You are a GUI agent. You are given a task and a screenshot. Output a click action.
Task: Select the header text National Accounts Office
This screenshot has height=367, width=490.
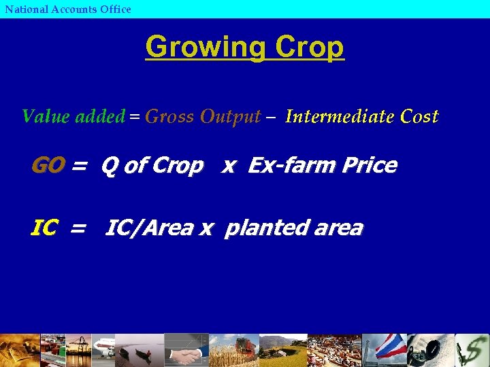tap(68, 9)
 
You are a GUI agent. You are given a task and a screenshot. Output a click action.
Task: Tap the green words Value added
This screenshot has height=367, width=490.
tap(73, 116)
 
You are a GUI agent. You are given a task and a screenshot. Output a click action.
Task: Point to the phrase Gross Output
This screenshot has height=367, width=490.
tap(203, 116)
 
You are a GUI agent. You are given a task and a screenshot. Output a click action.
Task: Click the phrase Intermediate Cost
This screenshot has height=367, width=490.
tap(362, 116)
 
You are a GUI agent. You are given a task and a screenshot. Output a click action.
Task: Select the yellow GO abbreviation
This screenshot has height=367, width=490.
tap(48, 165)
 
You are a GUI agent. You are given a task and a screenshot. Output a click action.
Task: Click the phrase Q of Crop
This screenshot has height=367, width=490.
tap(152, 165)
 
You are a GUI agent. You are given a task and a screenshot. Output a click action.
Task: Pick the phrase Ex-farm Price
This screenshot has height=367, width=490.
tap(323, 165)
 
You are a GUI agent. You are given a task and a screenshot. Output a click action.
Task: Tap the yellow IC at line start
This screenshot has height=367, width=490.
tap(44, 228)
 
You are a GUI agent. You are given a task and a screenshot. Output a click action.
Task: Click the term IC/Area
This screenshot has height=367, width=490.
tap(149, 228)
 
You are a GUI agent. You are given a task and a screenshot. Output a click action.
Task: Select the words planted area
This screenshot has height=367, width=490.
tap(293, 228)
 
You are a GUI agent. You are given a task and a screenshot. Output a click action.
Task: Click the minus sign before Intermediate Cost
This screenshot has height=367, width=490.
tap(272, 117)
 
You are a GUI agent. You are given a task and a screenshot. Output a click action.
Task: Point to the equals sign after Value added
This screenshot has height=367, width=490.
tap(135, 117)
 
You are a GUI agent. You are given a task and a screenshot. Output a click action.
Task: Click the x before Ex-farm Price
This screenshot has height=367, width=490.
tap(229, 166)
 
